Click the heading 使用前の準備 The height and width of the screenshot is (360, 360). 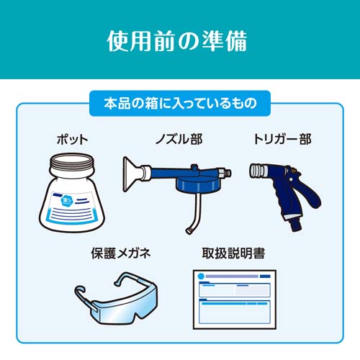tap(177, 41)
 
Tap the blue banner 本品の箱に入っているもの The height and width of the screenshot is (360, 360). tap(180, 104)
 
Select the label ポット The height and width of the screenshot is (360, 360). tap(72, 140)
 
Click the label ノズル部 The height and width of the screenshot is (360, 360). tap(179, 139)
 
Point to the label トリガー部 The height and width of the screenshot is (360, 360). tap(282, 139)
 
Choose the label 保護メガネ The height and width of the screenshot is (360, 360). tap(121, 253)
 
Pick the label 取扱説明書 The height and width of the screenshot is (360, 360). tap(233, 253)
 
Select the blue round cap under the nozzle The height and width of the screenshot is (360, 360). tap(196, 184)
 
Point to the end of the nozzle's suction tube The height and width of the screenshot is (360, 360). tap(189, 231)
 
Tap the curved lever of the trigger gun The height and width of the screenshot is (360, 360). tap(310, 192)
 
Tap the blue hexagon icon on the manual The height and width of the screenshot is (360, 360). tap(201, 276)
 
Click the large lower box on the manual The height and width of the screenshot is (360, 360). tap(235, 311)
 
